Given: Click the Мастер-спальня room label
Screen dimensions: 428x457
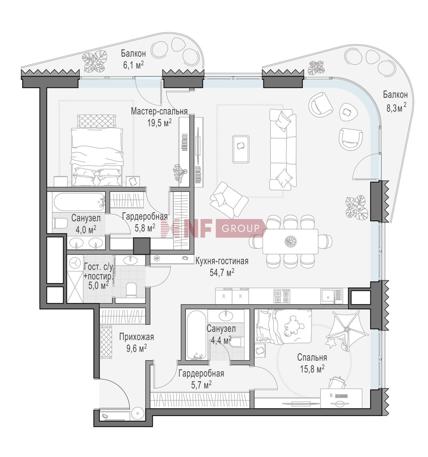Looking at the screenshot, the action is (x=159, y=112).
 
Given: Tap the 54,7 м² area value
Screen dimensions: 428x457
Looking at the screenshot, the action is (x=222, y=273).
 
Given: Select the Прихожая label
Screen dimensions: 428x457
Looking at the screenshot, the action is (x=136, y=337).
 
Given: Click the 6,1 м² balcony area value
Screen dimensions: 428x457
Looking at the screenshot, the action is (x=133, y=65).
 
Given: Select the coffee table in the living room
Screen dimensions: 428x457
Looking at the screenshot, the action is (x=241, y=149).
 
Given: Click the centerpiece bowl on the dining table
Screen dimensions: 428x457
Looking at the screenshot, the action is (x=290, y=241).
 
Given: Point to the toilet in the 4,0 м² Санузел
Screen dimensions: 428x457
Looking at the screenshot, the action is (x=59, y=223).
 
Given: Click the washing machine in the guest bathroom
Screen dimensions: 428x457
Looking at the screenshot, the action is (x=75, y=263).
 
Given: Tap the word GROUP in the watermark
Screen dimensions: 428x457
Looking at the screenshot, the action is (x=240, y=228).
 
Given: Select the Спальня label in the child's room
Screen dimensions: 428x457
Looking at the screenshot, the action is (x=312, y=357).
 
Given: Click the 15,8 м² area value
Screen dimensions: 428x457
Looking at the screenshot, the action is (x=312, y=369).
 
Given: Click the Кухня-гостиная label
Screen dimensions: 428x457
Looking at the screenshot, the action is (x=222, y=261).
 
